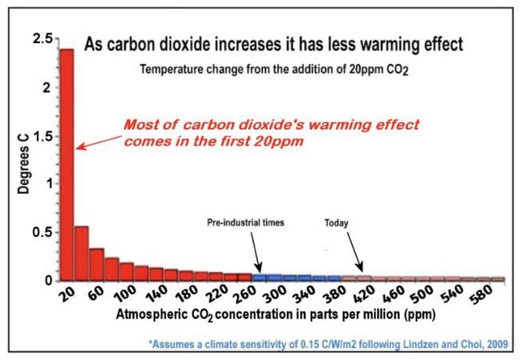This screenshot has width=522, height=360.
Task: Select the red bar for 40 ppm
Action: pos(82,254)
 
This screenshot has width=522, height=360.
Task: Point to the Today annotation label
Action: pos(336,223)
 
